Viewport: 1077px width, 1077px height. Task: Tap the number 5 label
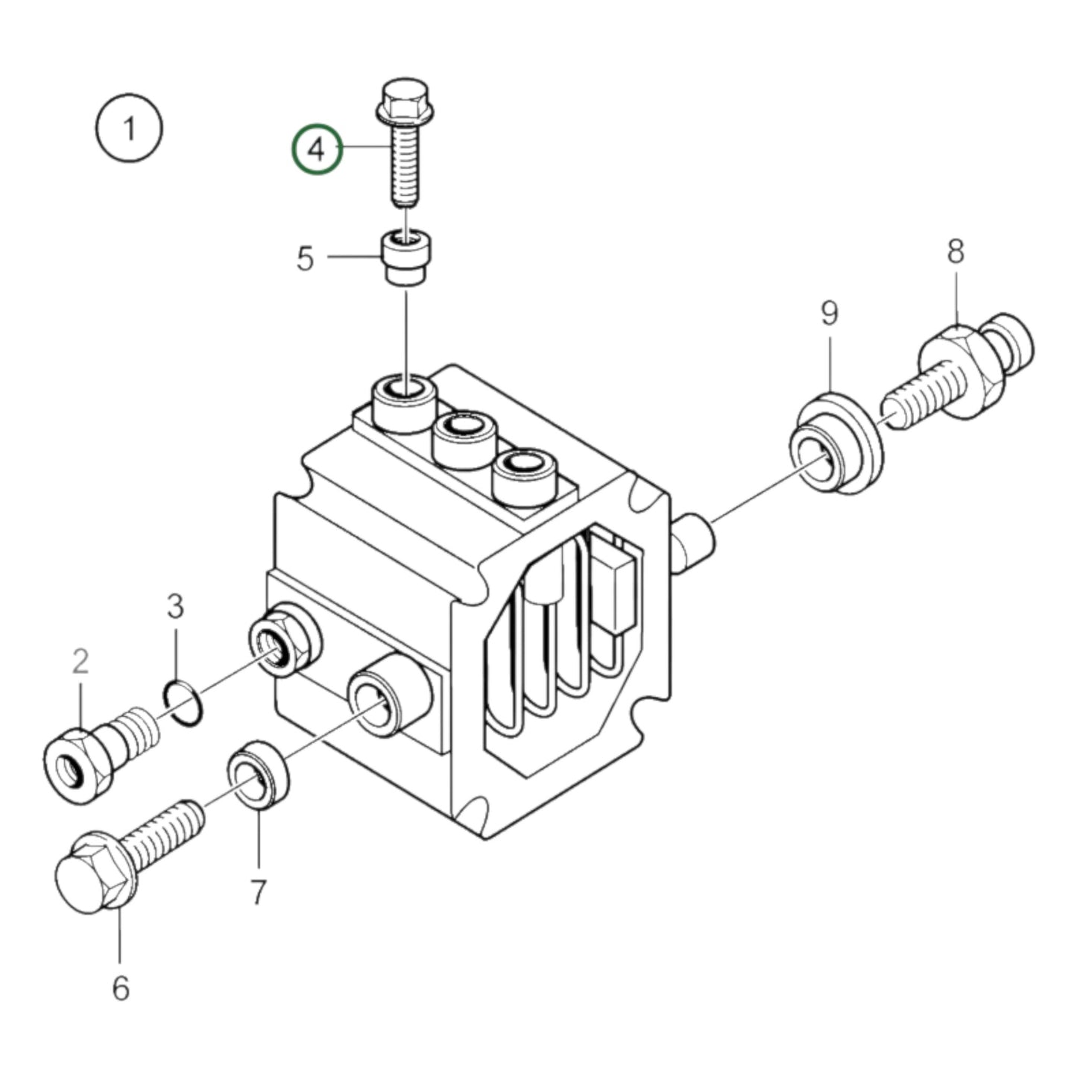coord(306,259)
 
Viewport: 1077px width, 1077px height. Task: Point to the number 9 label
coord(830,314)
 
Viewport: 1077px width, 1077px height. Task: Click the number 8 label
coord(956,252)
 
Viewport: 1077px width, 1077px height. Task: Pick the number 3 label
coord(174,607)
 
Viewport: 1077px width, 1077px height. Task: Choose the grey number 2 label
coord(80,661)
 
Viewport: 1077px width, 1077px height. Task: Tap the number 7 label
coord(258,891)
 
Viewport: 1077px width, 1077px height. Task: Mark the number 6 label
coord(121,988)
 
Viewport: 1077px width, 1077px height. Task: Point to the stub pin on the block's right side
coord(693,542)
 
